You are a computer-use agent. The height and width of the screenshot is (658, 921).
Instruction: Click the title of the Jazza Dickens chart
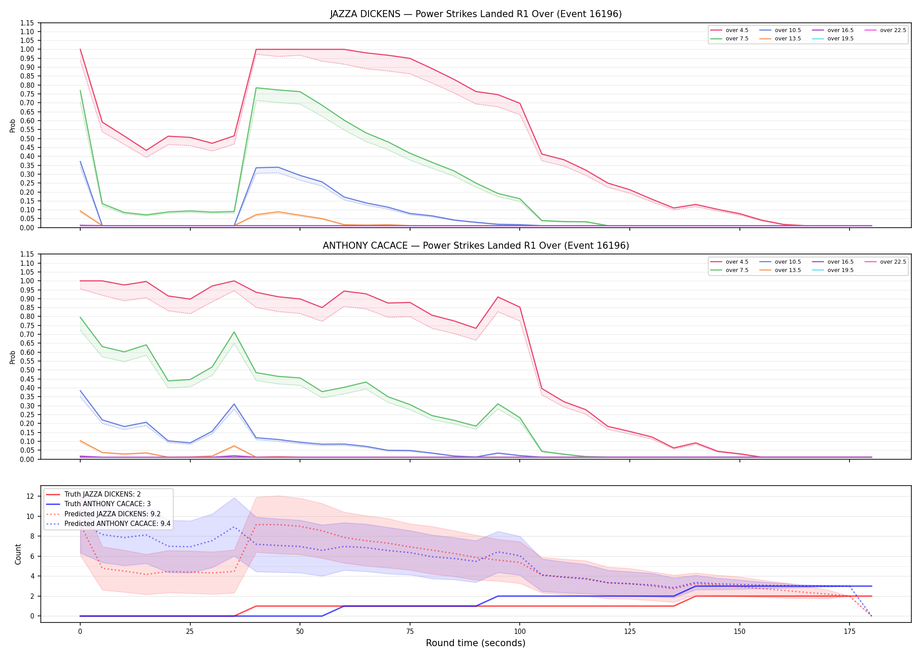pos(476,14)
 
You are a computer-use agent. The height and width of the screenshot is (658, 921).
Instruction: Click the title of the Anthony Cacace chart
pos(476,246)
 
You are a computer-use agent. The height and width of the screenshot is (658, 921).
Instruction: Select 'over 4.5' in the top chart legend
pos(737,30)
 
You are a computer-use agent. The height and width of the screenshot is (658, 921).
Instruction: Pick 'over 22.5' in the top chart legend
pos(893,30)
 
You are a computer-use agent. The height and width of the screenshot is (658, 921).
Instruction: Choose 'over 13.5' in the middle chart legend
pos(788,270)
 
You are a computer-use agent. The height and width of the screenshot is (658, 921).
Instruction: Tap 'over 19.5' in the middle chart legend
pos(840,270)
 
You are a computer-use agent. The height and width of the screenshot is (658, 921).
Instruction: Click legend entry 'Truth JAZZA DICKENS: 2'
pos(102,494)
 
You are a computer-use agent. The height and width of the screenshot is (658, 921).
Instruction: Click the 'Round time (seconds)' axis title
pos(476,643)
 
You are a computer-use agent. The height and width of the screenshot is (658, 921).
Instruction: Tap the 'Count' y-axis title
pos(18,554)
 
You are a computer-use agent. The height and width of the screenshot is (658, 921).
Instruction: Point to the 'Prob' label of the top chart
pos(13,125)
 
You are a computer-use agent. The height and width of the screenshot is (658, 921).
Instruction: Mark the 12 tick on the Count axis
pos(30,497)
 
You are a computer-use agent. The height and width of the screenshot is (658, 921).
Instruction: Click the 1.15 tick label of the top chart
pos(27,23)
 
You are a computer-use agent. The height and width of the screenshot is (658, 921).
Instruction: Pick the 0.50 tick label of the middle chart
pos(27,370)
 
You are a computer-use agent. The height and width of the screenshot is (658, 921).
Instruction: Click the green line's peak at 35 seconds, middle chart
pos(234,332)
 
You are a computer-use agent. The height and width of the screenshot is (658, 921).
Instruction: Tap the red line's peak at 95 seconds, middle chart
pos(498,297)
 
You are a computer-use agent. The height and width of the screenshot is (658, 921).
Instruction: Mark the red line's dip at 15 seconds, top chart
pos(146,150)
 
